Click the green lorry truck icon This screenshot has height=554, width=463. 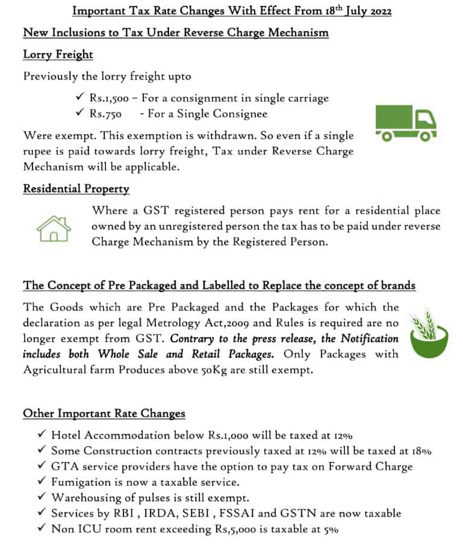point(405,123)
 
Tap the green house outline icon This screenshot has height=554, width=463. point(54,227)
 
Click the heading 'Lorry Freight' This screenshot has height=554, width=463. point(58,55)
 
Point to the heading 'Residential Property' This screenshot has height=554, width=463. point(76,189)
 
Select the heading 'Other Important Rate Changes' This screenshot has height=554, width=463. point(104,414)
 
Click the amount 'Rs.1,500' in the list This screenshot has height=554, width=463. point(110,98)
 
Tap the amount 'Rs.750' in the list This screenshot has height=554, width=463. point(105,114)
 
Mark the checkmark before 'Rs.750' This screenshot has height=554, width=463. point(78,113)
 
